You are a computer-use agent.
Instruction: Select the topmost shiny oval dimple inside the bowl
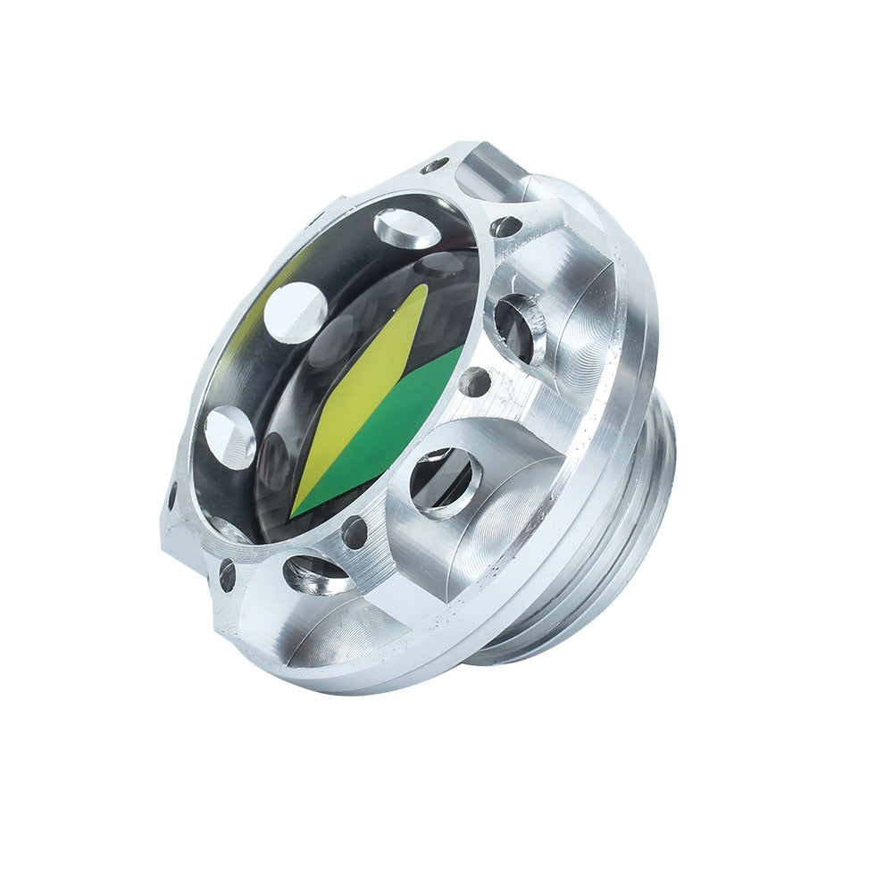(x=408, y=228)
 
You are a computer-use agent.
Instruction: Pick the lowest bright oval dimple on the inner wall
(x=230, y=437)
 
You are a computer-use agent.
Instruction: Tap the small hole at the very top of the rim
(x=436, y=165)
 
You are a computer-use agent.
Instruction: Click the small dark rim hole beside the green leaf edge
(x=474, y=382)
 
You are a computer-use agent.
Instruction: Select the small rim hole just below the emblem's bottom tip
(x=355, y=532)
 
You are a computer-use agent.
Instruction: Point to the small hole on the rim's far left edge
(x=172, y=497)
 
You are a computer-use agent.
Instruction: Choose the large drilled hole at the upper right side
(x=519, y=327)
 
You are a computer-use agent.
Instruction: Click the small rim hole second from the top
(x=506, y=227)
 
